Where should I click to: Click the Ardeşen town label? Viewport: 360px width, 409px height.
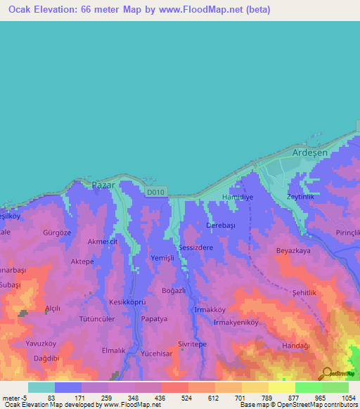309,152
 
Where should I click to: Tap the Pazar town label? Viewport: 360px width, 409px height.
103,185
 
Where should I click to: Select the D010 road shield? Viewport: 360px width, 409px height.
156,192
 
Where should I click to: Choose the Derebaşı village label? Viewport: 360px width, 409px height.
221,226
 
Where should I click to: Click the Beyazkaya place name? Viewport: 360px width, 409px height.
293,250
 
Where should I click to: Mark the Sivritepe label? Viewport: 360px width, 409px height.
192,344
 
